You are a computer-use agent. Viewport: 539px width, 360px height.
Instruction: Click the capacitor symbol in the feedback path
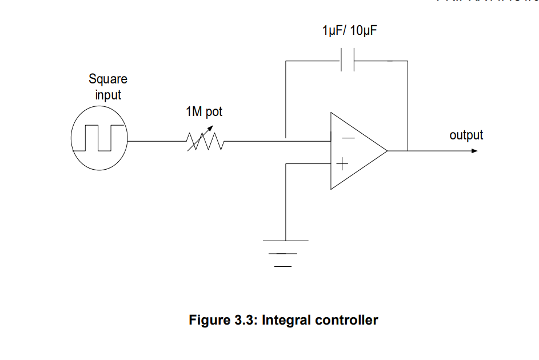coord(348,61)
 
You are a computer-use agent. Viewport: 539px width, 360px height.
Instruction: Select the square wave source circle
coord(99,140)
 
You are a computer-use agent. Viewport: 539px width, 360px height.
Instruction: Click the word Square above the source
coord(108,79)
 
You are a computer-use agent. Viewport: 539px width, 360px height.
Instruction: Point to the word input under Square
coord(108,94)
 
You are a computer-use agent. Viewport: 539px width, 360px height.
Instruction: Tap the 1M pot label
coord(204,112)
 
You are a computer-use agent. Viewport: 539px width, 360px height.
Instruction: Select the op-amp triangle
coord(354,151)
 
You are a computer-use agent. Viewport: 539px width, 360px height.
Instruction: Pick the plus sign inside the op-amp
coord(342,165)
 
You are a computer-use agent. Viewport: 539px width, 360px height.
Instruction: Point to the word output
coord(466,135)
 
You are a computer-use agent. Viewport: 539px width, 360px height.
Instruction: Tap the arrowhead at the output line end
coord(474,151)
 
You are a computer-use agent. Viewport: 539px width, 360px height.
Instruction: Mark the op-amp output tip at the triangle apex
coord(387,151)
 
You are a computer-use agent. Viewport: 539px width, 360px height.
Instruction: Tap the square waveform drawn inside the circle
coord(98,138)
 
